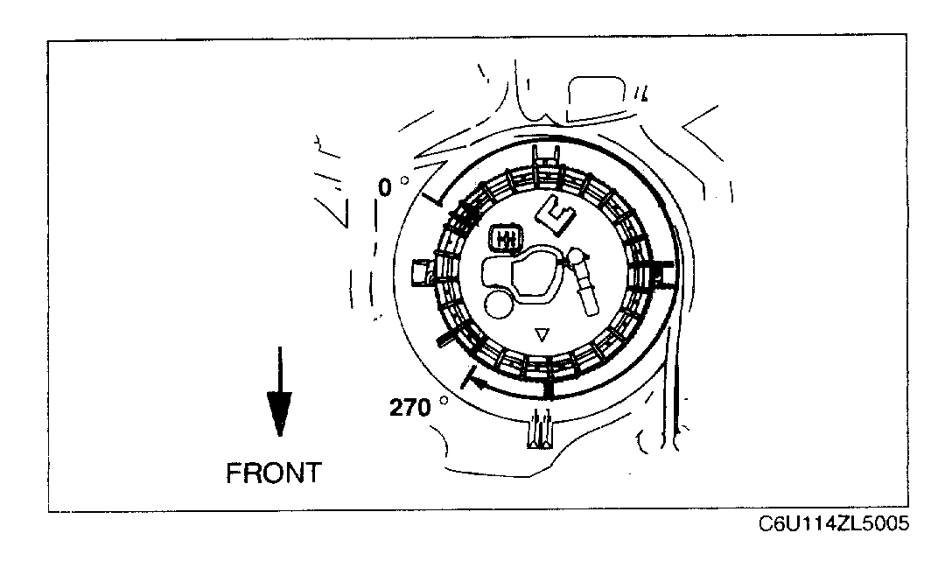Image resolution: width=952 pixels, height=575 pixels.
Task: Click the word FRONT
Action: pos(274,473)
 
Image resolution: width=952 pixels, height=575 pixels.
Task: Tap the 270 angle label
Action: pos(411,408)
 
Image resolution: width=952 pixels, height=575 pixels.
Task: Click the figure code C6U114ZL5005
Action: pos(834,525)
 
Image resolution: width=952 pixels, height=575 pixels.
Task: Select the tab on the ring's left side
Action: pos(422,272)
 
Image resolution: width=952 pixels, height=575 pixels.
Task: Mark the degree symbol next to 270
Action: pos(444,402)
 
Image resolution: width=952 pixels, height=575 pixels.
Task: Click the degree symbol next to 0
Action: pos(403,182)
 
